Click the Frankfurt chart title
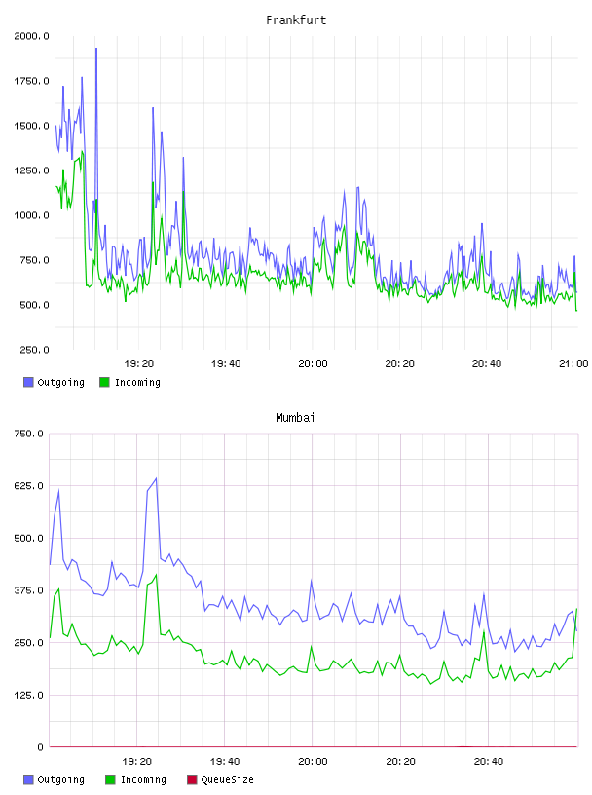point(296,19)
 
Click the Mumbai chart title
point(295,417)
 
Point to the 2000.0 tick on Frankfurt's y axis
point(31,36)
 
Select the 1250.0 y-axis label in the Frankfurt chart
point(31,170)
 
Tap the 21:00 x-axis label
point(573,363)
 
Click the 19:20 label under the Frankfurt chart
point(139,363)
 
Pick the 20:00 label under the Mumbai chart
point(313,761)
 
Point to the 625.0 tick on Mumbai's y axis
point(28,486)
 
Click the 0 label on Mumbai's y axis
point(40,747)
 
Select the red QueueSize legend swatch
point(192,779)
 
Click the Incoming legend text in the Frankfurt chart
point(137,382)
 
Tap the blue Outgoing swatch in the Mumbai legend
point(28,779)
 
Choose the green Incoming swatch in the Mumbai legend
point(110,779)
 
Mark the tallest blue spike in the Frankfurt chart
point(96,49)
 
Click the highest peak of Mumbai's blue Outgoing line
point(156,478)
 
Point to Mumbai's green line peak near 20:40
point(484,631)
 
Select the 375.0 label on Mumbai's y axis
point(28,590)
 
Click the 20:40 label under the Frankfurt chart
point(487,363)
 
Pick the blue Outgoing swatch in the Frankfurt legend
point(28,382)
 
